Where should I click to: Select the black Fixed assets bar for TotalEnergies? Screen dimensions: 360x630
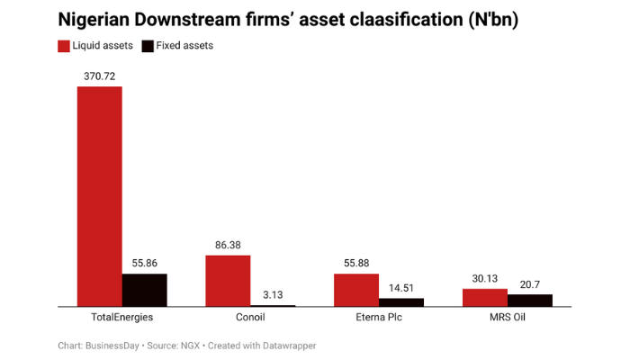pyautogui.click(x=145, y=290)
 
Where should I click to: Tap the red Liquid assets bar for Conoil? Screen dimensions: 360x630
pyautogui.click(x=228, y=281)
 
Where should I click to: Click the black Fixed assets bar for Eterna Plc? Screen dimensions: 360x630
pyautogui.click(x=401, y=302)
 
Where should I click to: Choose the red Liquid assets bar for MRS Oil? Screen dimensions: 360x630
pyautogui.click(x=485, y=298)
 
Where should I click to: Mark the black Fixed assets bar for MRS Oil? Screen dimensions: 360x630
pyautogui.click(x=530, y=301)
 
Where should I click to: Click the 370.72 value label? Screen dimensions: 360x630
pyautogui.click(x=99, y=77)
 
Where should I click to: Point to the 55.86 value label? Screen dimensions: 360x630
pyautogui.click(x=145, y=264)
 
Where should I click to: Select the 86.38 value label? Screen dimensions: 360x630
pyautogui.click(x=228, y=245)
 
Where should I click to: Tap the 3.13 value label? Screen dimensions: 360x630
pyautogui.click(x=273, y=294)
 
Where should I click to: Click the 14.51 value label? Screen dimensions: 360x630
pyautogui.click(x=401, y=288)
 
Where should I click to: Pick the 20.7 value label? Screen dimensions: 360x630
pyautogui.click(x=530, y=284)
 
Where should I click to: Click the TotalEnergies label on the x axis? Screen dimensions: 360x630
pyautogui.click(x=122, y=318)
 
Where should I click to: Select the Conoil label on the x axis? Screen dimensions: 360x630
pyautogui.click(x=250, y=318)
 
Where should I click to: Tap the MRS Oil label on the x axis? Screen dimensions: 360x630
pyautogui.click(x=508, y=318)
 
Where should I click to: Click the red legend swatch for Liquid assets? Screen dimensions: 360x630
pyautogui.click(x=63, y=45)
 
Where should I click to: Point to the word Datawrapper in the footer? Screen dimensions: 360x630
pyautogui.click(x=285, y=346)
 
